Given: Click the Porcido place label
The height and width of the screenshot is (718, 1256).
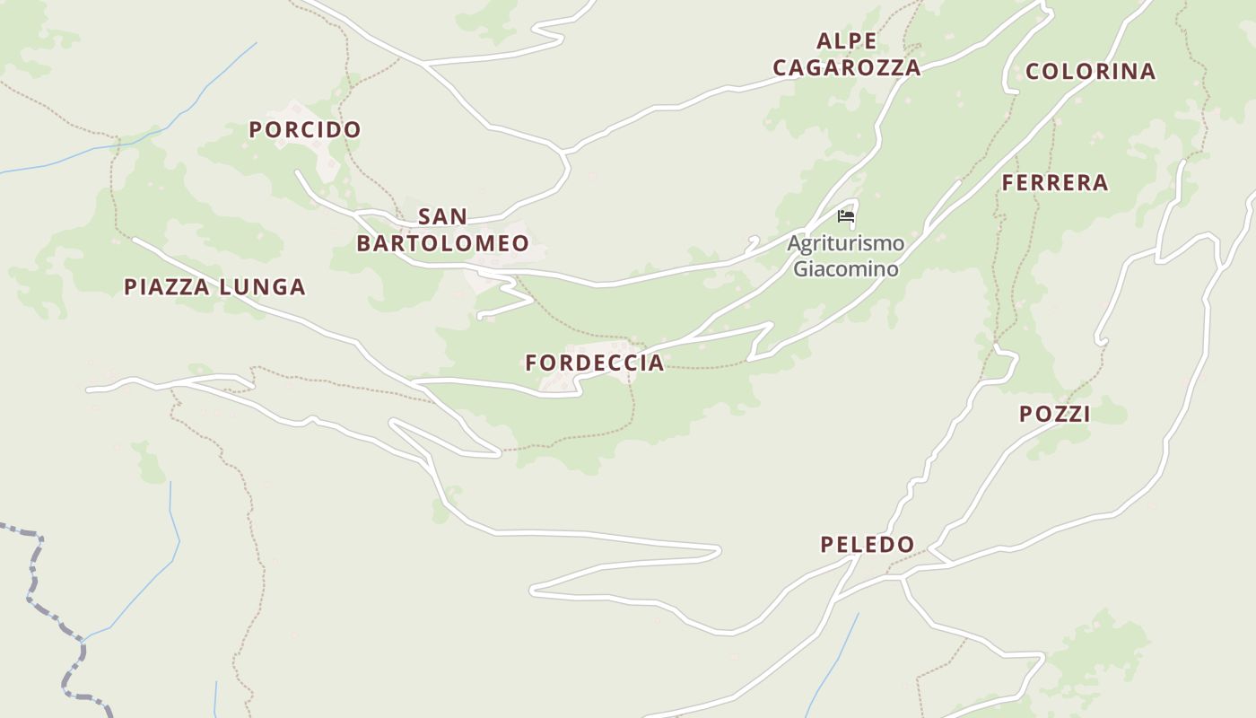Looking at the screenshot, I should (305, 129).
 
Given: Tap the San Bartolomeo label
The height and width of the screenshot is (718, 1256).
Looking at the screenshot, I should (443, 230).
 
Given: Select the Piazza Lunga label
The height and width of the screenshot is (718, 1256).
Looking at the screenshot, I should (214, 287).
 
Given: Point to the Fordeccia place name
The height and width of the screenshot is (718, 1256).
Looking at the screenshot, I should (595, 363).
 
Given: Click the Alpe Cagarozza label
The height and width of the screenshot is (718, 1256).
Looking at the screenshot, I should (847, 54).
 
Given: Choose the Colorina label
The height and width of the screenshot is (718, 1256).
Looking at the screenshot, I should (1090, 72).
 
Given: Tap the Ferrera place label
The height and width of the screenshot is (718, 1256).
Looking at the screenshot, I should (1055, 183).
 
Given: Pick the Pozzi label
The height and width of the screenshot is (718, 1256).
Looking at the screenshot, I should (1055, 414).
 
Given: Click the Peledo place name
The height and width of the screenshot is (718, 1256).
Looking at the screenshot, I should (868, 544).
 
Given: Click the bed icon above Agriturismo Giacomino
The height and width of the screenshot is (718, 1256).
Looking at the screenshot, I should (845, 215).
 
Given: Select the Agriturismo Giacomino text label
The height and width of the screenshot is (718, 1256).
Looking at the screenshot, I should (846, 256).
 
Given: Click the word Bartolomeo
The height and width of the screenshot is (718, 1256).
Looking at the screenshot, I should (443, 243).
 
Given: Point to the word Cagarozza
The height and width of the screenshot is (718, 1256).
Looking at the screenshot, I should (847, 67).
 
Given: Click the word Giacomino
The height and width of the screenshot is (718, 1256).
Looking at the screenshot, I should (846, 268).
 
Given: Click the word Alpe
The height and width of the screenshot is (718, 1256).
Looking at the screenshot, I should (847, 40).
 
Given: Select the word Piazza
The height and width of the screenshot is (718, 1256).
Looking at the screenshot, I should (167, 287).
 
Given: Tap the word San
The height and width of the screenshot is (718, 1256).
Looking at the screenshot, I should (443, 216).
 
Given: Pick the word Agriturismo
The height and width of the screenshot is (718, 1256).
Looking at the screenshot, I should (846, 243).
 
